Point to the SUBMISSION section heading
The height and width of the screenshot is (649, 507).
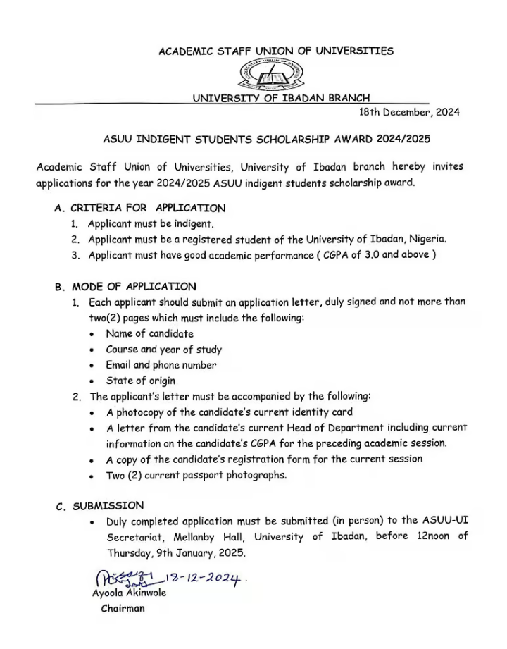pos(108,505)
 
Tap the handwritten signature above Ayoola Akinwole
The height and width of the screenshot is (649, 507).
pos(123,579)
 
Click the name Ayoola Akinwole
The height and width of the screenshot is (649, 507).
pos(129,593)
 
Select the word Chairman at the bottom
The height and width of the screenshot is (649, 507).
pos(123,608)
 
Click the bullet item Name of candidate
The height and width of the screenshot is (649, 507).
pos(149,333)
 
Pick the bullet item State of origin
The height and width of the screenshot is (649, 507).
pos(141,381)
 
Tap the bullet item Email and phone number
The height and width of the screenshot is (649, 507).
pos(161,365)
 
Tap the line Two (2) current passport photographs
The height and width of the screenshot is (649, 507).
pos(187,475)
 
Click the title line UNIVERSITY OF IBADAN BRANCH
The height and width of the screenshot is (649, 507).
pos(282,98)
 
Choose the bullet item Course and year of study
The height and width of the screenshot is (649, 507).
pos(163,350)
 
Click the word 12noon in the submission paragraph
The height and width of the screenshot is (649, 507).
pos(432,537)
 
